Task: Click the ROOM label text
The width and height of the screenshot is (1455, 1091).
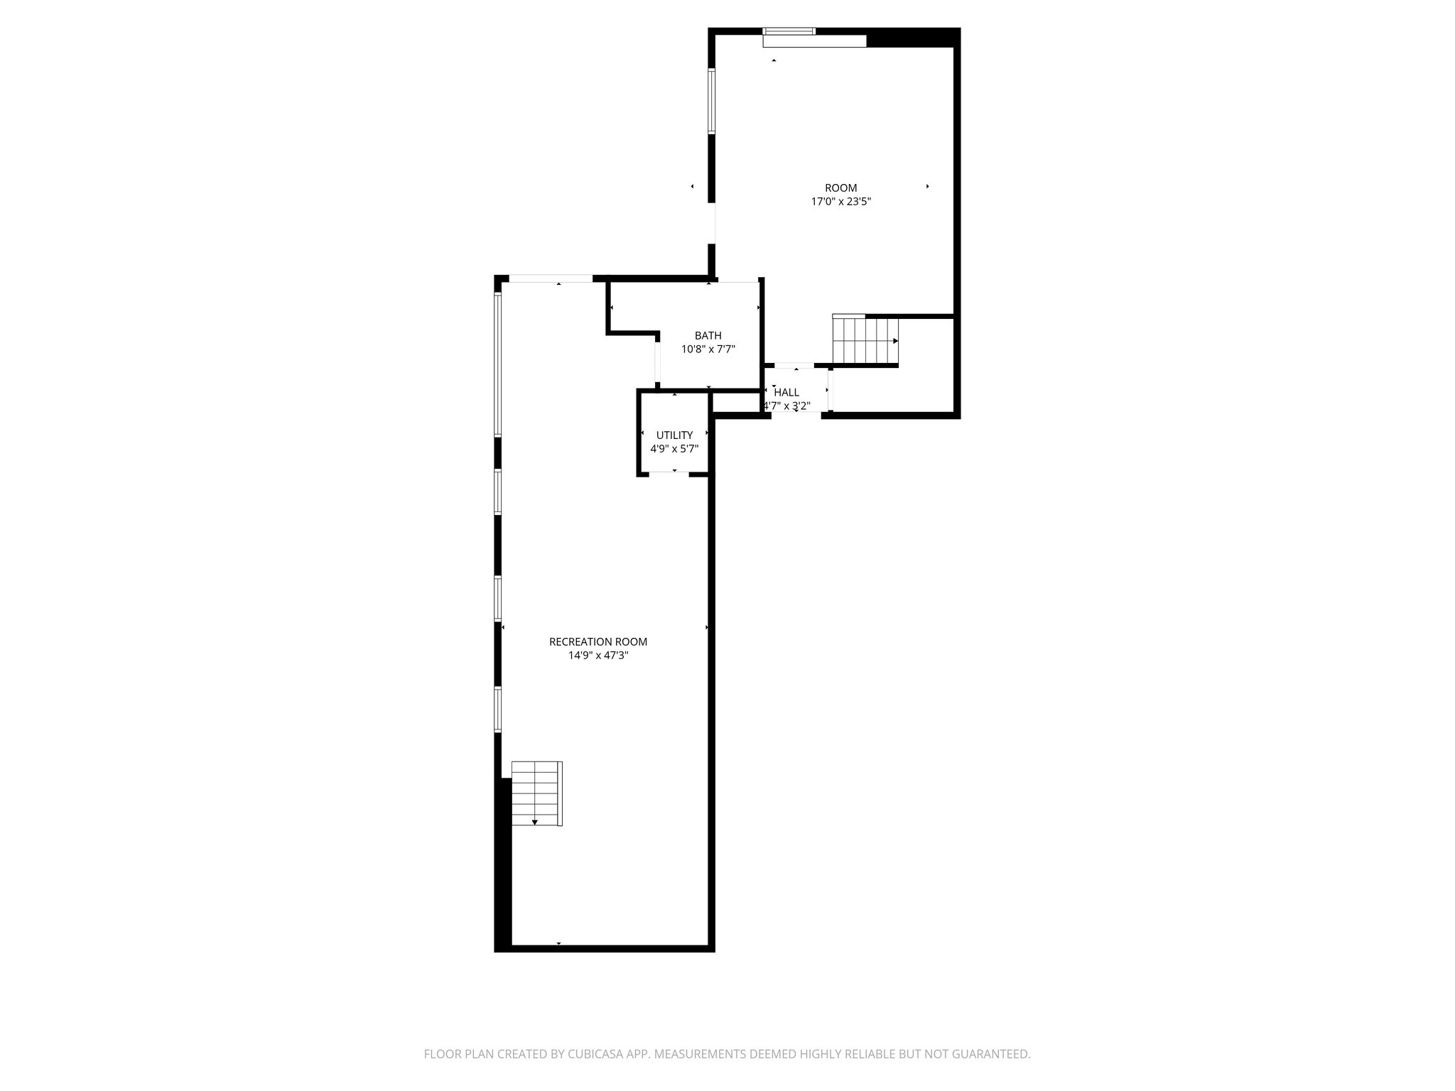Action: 840,188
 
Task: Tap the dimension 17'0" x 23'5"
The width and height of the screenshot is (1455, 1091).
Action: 840,202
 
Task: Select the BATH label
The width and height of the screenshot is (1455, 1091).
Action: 708,336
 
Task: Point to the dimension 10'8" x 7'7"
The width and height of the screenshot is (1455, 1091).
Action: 708,349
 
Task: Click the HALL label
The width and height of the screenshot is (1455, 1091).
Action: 786,392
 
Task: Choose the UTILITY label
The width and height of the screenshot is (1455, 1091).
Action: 674,435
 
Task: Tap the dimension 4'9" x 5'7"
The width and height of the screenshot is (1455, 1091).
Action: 674,449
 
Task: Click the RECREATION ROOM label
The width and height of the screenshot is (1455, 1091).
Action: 597,642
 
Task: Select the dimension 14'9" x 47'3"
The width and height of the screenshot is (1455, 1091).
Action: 597,656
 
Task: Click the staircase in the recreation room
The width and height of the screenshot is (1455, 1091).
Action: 536,793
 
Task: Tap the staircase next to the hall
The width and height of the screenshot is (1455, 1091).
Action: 865,340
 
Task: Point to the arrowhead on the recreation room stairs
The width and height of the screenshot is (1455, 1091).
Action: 535,823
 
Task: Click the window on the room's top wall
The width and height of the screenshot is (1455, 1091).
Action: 789,31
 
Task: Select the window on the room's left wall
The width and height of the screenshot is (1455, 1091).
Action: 711,101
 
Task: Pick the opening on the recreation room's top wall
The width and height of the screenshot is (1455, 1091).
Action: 551,278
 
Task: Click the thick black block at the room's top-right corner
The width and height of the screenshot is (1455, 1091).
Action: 913,38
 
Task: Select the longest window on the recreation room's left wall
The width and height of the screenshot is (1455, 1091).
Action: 498,364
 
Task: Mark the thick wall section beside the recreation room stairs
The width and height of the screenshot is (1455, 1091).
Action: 503,863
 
